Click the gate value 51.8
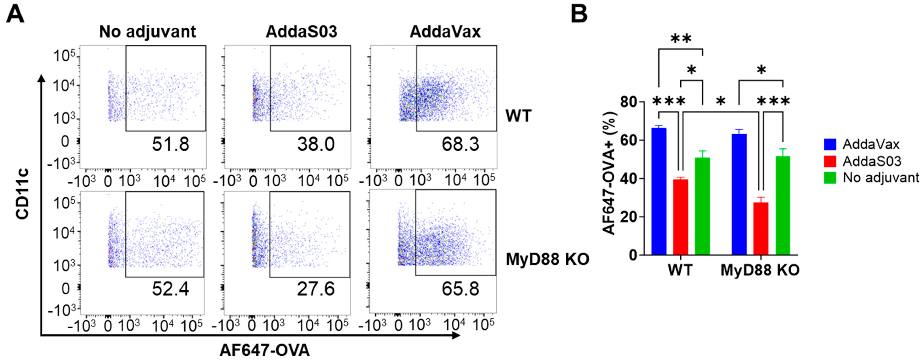coord(170,144)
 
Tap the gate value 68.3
coord(460,144)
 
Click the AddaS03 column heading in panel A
coord(301,32)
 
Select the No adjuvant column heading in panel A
coord(147,32)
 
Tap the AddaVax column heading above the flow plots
coord(445,32)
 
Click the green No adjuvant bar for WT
coord(702,207)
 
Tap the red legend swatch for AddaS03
coord(830,161)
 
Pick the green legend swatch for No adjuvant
coord(830,178)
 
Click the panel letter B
coord(579,14)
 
